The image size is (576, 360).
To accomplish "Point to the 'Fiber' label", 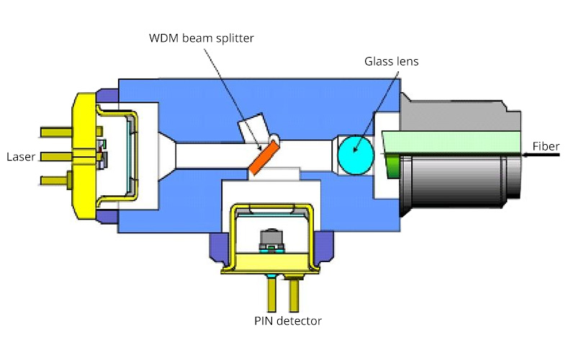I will click(x=546, y=147).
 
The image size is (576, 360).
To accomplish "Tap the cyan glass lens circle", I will click(x=356, y=153).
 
